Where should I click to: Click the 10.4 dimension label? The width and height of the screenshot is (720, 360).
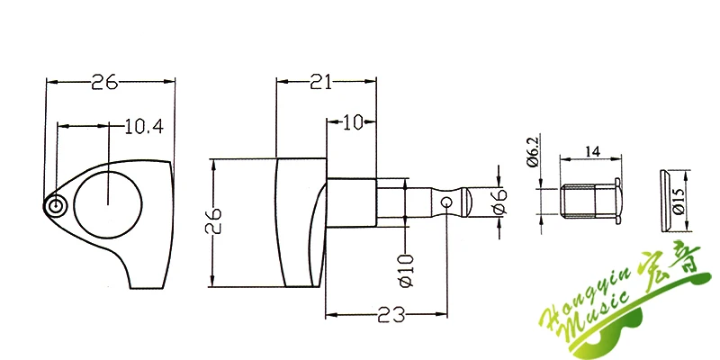tap(144, 126)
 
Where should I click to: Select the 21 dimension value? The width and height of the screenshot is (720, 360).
tap(320, 82)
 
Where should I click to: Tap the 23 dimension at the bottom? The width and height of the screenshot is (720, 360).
tap(391, 315)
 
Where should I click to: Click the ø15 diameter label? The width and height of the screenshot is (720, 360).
tap(679, 201)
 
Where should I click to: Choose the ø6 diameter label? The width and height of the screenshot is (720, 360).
tap(500, 202)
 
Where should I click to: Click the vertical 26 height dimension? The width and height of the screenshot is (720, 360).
tap(214, 221)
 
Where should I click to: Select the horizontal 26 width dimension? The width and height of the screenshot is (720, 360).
tap(104, 82)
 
